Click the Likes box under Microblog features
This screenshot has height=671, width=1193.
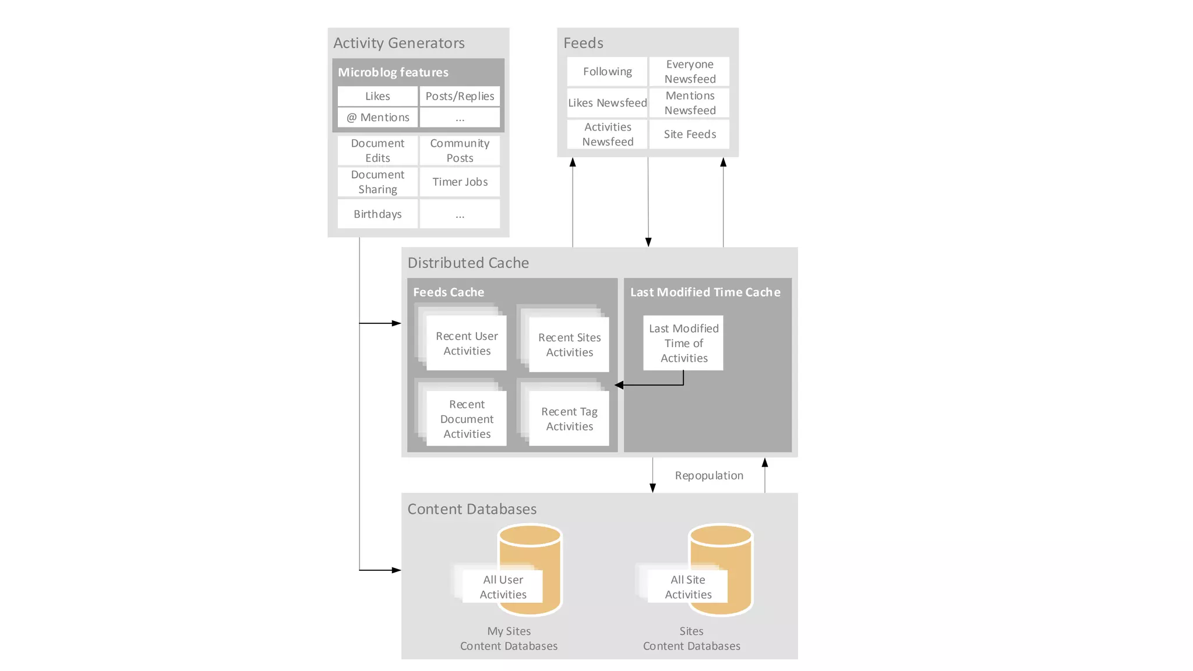point(377,96)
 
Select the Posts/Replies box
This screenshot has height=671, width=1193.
point(460,96)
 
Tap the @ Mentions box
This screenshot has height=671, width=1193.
point(377,117)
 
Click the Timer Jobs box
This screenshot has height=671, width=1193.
point(460,182)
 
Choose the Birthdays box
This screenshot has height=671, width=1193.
point(377,214)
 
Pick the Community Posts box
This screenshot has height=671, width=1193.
point(460,150)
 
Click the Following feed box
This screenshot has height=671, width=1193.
point(607,71)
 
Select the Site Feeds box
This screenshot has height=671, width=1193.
point(690,134)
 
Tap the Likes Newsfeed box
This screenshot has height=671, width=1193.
point(607,103)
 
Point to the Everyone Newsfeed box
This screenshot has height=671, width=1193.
point(690,71)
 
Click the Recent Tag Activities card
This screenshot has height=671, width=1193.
point(569,418)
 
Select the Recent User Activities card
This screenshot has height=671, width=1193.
point(467,343)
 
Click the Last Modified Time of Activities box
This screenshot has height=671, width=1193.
point(683,343)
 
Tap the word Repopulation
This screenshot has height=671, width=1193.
point(709,475)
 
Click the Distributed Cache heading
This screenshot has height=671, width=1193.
point(468,263)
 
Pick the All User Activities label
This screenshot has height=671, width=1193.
point(503,587)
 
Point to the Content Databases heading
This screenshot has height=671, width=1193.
point(472,508)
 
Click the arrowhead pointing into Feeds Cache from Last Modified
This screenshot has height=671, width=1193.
point(619,385)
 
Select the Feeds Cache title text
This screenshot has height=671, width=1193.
point(449,292)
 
